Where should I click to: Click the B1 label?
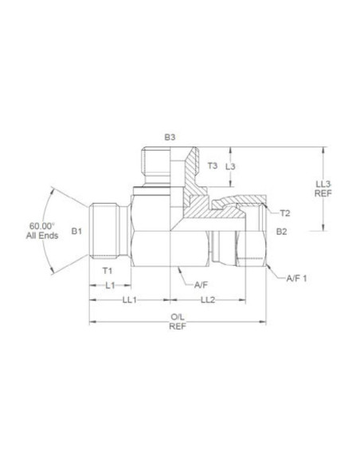pos(76,231)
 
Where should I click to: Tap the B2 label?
pos(281,232)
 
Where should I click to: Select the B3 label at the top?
pos(170,137)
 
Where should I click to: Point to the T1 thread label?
pos(108,271)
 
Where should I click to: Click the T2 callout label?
pos(284,213)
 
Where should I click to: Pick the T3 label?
pos(212,166)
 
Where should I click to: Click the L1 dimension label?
pos(110,285)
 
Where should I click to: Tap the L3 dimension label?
pos(230,166)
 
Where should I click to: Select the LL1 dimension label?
pos(130,300)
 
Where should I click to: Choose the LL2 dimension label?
pos(208,300)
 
